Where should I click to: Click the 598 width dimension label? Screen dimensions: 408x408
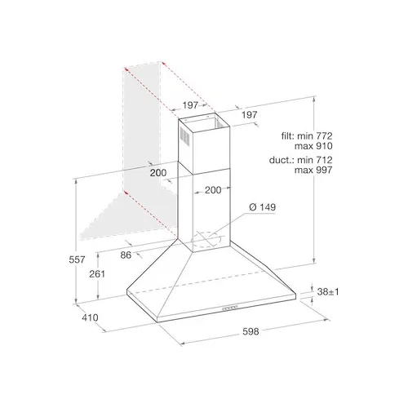coord(251,331)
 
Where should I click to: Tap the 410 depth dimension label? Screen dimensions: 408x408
coord(90,317)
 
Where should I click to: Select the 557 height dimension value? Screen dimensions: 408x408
coord(77,259)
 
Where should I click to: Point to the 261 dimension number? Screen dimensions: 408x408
coord(97,274)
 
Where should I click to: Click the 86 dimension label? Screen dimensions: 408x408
coord(126,255)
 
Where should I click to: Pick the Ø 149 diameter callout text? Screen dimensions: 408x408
coord(262,207)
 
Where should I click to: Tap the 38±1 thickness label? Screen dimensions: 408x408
coord(328,292)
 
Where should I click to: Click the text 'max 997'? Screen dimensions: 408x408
coord(313,170)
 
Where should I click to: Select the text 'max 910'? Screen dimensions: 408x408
coord(313,146)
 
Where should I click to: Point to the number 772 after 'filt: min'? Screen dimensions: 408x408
coord(324,135)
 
